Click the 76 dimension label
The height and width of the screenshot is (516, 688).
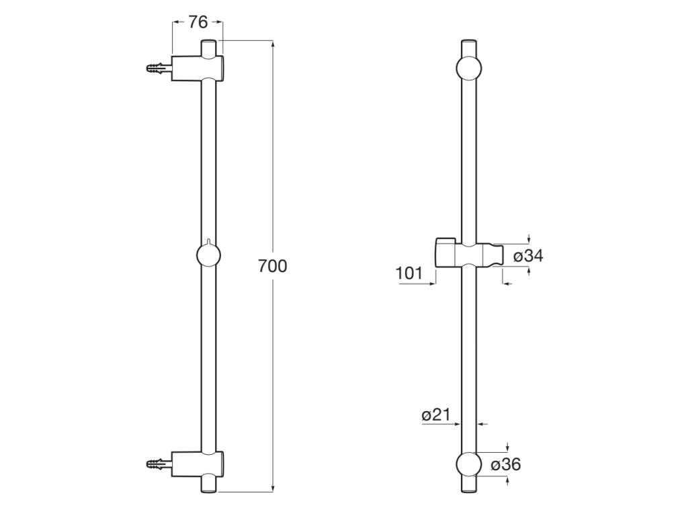[198, 22]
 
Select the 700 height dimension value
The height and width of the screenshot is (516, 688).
[273, 266]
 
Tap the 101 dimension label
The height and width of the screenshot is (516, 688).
[409, 273]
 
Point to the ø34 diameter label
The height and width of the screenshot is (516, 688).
[528, 256]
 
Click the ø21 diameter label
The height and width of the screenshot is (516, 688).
[435, 415]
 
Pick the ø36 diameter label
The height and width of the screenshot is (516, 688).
[505, 464]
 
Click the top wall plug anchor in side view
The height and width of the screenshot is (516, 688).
[159, 68]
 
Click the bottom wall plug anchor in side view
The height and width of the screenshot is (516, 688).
[159, 463]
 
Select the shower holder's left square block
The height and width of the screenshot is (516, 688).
[445, 252]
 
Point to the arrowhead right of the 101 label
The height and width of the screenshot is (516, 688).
[433, 284]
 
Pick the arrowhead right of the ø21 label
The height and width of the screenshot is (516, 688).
[458, 424]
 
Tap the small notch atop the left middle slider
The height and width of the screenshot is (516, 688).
[210, 241]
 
